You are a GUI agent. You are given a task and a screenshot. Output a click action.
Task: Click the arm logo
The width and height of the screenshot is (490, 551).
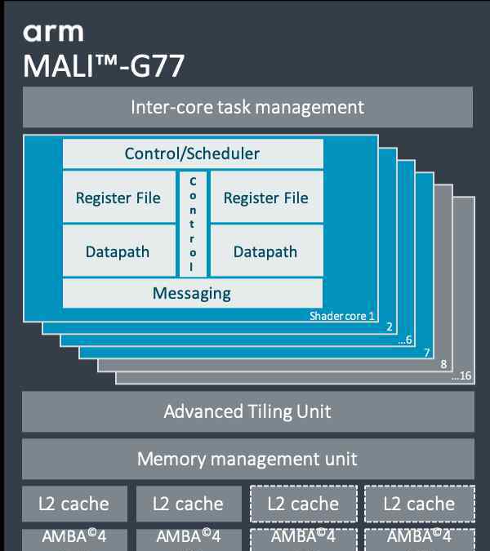click(53, 32)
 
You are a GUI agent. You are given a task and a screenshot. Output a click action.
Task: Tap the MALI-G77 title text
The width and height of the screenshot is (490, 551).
click(104, 65)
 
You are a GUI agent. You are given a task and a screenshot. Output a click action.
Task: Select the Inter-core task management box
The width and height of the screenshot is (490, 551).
click(247, 107)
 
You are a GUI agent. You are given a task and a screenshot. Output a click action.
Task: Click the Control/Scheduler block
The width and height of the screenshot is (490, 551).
click(193, 153)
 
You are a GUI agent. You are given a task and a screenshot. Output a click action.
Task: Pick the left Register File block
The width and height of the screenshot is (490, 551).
click(118, 198)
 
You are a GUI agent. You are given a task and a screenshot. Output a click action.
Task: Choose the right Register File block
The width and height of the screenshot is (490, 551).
click(266, 198)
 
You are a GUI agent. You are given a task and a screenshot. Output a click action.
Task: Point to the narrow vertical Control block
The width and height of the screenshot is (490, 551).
click(193, 223)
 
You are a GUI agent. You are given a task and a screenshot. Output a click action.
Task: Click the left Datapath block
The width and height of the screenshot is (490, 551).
click(118, 251)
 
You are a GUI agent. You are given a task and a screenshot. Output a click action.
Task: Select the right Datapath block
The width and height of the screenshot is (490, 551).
click(266, 251)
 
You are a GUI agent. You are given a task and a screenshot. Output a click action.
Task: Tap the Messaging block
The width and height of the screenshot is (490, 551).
click(193, 293)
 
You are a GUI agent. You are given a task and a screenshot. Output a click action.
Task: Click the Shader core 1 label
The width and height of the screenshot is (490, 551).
click(342, 316)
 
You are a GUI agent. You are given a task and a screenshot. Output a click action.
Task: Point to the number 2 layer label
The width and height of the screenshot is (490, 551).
click(390, 327)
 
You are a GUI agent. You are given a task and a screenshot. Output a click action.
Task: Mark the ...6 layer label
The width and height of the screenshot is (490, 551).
click(404, 340)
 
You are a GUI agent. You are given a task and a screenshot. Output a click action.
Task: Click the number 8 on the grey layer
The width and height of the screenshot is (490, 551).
click(444, 364)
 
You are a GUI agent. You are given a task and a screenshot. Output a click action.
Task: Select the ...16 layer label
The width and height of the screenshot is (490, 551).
click(461, 376)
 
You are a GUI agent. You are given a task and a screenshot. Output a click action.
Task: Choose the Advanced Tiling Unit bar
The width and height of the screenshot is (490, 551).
click(247, 411)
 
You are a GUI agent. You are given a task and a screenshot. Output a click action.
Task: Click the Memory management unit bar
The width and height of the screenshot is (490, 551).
click(247, 459)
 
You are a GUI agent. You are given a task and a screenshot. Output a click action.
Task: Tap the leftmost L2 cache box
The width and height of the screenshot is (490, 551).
click(73, 504)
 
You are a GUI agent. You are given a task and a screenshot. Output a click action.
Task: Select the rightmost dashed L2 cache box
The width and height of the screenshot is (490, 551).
click(419, 504)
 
